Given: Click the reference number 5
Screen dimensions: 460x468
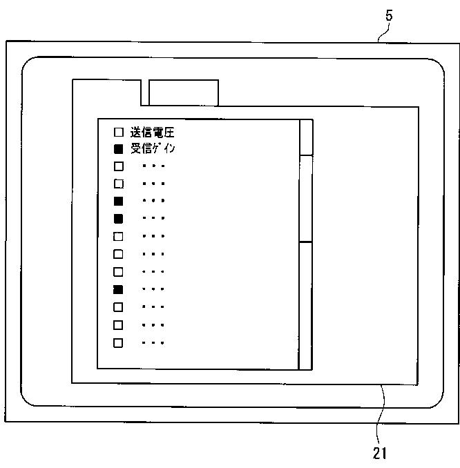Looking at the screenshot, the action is click(x=389, y=15).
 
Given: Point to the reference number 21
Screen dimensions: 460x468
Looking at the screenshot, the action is click(x=380, y=454).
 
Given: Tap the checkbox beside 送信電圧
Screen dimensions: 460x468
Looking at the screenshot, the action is click(x=119, y=132).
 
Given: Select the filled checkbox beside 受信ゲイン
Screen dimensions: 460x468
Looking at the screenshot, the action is click(x=119, y=149).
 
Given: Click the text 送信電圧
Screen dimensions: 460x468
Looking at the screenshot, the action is click(x=153, y=133).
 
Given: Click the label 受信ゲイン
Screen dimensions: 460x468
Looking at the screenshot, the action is click(x=153, y=148).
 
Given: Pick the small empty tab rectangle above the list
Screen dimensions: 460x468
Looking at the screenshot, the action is click(x=184, y=92).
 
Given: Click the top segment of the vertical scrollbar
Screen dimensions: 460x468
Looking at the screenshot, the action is click(x=306, y=137).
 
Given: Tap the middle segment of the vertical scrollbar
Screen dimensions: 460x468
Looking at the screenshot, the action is click(x=305, y=199).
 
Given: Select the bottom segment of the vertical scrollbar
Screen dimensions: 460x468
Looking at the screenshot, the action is click(x=305, y=306).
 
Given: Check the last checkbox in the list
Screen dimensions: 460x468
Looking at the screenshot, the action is click(x=118, y=343).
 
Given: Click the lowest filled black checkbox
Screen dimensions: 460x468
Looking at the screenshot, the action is click(x=118, y=289).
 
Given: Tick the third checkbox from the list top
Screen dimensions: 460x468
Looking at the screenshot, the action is click(x=119, y=166).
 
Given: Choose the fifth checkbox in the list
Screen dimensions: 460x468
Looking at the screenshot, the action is click(x=119, y=201).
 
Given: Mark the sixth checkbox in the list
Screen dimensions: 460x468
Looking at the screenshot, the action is click(x=119, y=219).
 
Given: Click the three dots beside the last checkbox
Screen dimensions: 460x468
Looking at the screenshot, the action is click(x=153, y=343).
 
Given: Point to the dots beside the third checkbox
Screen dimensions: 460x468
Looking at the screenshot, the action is click(x=153, y=166).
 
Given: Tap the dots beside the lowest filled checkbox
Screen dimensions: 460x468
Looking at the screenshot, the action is click(x=153, y=289).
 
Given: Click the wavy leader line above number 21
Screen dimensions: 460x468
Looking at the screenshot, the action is click(x=381, y=414).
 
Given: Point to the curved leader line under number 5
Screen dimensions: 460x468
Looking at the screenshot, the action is click(x=384, y=33).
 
